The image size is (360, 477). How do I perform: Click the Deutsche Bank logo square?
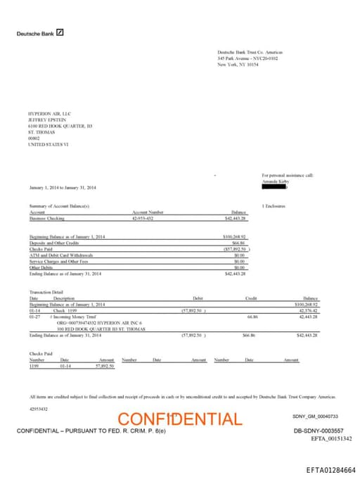[x=60, y=32]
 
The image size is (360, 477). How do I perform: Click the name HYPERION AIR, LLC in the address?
[x=49, y=113]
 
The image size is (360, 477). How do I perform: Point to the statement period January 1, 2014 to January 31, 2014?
[x=63, y=188]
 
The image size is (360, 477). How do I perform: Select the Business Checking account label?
[x=46, y=218]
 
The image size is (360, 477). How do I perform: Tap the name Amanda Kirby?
[x=275, y=181]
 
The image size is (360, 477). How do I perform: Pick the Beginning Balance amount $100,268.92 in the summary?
[x=233, y=237]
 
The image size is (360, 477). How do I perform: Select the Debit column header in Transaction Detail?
[x=198, y=298]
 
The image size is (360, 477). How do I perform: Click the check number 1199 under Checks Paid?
[x=34, y=366]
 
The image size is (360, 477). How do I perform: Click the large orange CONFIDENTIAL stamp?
[x=179, y=420]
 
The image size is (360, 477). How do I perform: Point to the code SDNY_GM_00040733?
[x=315, y=416]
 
